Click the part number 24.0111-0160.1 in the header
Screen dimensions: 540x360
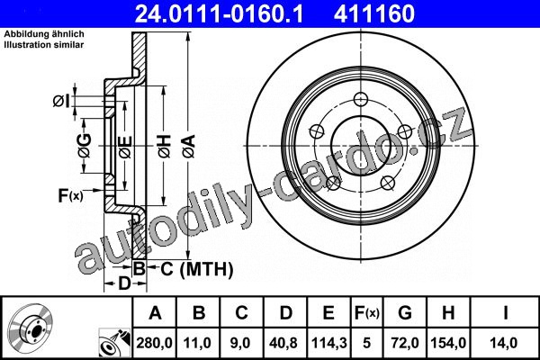tap(219, 13)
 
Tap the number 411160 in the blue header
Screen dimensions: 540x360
tap(374, 13)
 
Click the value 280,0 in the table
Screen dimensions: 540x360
tap(154, 343)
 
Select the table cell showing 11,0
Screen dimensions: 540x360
tap(197, 343)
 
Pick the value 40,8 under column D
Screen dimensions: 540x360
tap(283, 343)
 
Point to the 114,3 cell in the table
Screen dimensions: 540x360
tap(328, 343)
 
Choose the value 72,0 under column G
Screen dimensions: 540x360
tap(405, 343)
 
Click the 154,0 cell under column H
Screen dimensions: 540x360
tap(448, 343)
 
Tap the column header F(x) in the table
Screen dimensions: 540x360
tap(367, 313)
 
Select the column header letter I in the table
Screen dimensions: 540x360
tap(505, 313)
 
